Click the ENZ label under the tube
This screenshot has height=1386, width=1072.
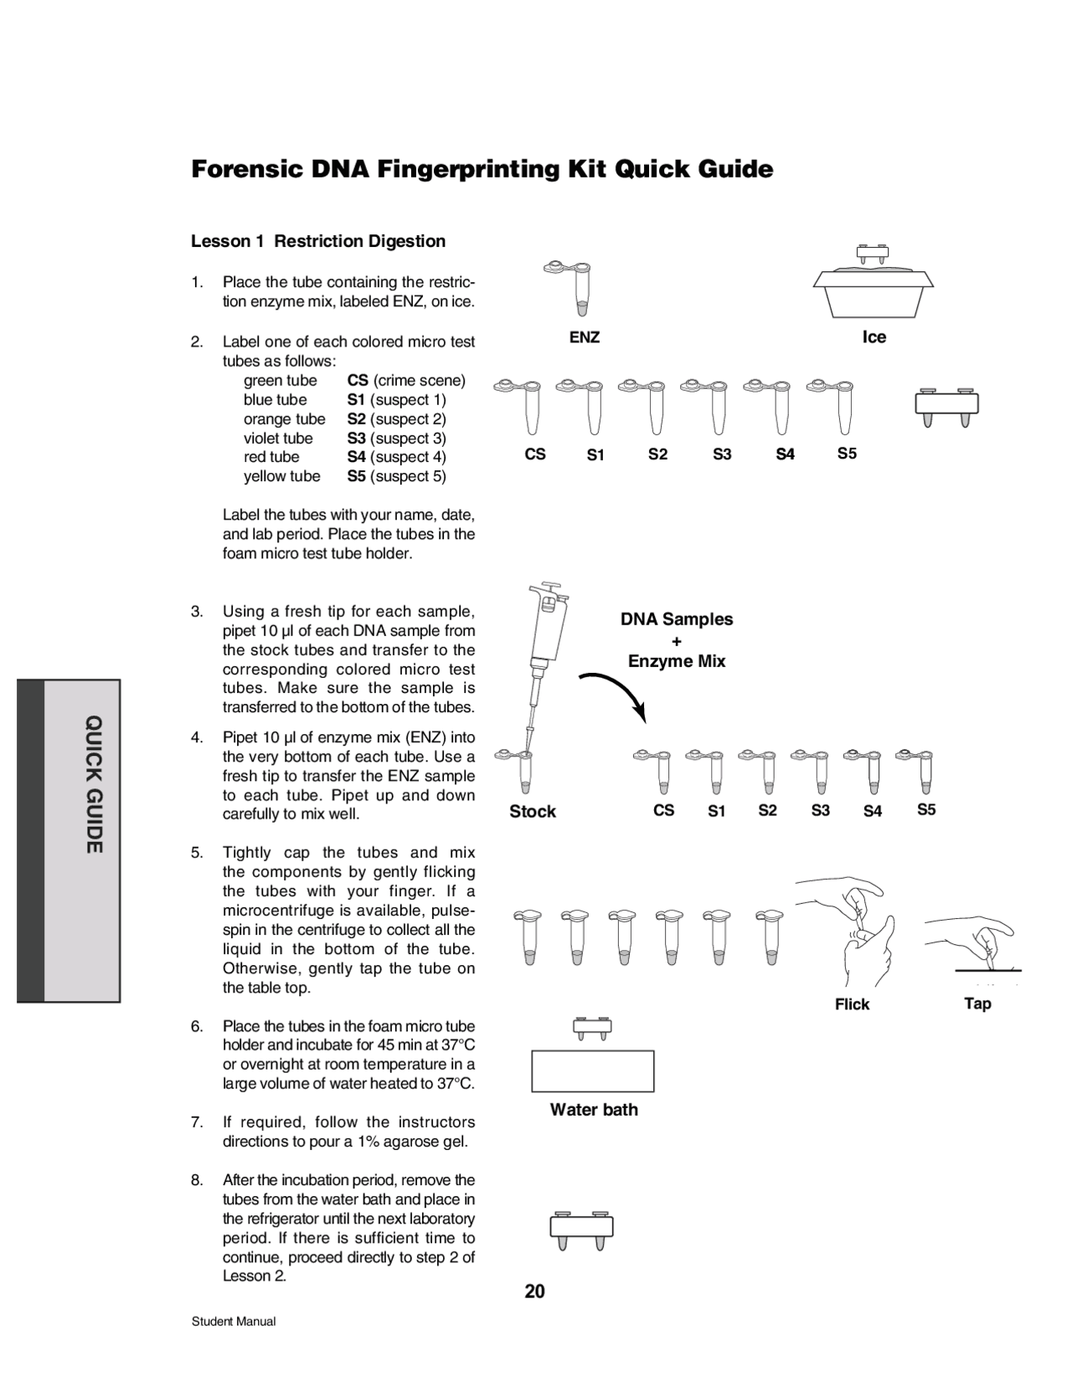pos(584,337)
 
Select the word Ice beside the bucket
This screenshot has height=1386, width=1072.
pos(874,337)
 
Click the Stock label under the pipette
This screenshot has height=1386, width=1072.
pos(533,812)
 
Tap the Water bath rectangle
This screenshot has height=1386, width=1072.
pos(592,1071)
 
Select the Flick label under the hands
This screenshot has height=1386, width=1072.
pos(852,1004)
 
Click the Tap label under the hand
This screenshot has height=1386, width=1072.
pos(977,1004)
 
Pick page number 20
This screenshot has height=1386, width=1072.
pos(534,1291)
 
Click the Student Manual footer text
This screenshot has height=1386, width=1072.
pos(234,1322)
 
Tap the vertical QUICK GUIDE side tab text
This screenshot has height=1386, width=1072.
pos(94,784)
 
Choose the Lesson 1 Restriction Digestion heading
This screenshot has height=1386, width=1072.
pos(318,242)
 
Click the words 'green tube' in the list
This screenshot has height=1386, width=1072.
pos(280,381)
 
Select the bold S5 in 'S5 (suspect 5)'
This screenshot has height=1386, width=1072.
pos(357,476)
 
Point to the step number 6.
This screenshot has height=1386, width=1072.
pos(197,1026)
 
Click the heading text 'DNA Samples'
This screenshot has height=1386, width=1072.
pos(676,619)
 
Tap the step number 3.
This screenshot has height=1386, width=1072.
pos(197,612)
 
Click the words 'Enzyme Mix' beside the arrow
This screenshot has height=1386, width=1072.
pos(677,661)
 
